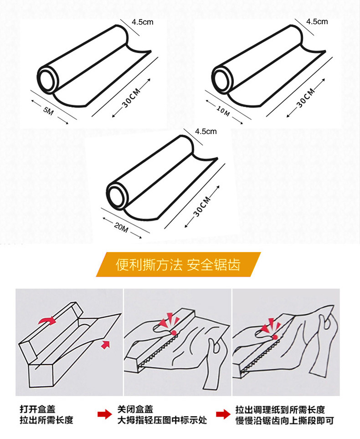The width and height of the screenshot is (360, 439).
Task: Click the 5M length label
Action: click(48, 111)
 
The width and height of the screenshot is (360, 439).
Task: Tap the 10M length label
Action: click(223, 111)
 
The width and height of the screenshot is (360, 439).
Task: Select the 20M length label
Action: click(121, 227)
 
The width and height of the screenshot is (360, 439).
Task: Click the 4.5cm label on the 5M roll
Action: click(143, 22)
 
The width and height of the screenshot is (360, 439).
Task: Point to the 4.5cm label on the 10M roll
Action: click(317, 21)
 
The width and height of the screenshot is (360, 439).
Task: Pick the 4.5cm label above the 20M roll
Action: click(206, 131)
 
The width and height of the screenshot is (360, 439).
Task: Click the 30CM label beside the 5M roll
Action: click(131, 98)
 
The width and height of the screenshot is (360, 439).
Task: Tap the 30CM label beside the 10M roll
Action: click(306, 98)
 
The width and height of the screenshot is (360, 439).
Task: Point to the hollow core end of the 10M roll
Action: click(222, 79)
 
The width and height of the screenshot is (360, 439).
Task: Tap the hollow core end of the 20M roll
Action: click(117, 195)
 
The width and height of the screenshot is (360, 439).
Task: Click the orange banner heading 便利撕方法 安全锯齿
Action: click(178, 264)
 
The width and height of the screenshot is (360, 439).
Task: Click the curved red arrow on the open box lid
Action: click(47, 320)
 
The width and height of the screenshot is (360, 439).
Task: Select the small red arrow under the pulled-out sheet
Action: click(105, 345)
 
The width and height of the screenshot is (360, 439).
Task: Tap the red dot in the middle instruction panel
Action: click(174, 333)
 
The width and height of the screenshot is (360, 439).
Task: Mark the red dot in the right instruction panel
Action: click(275, 337)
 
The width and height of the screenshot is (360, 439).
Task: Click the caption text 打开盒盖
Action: click(37, 409)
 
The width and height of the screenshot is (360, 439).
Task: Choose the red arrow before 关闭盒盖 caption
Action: click(105, 414)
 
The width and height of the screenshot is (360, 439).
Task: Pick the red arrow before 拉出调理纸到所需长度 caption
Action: click(223, 414)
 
